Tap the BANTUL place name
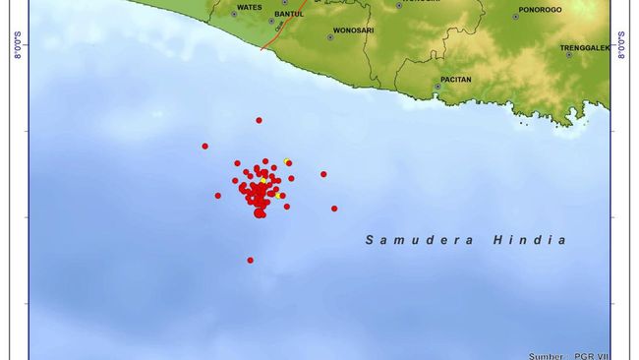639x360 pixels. pyautogui.click(x=289, y=14)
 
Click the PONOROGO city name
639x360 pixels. pyautogui.click(x=540, y=9)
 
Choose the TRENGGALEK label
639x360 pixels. pyautogui.click(x=585, y=47)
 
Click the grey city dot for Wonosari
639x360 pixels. pyautogui.click(x=330, y=38)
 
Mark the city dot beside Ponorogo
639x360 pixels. pyautogui.click(x=515, y=17)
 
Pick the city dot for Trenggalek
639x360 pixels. pyautogui.click(x=569, y=55)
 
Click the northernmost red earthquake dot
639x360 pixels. pyautogui.click(x=259, y=120)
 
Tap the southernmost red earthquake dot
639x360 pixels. pyautogui.click(x=250, y=260)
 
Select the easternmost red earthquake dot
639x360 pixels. pyautogui.click(x=334, y=209)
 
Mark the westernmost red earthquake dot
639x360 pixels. pyautogui.click(x=204, y=147)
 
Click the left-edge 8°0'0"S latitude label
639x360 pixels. pyautogui.click(x=18, y=45)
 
